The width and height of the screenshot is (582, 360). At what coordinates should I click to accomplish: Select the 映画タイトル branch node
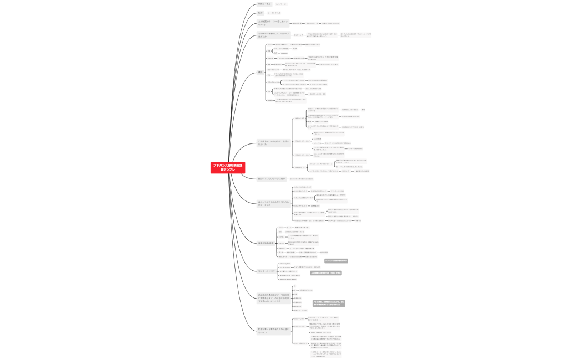[x=265, y=3]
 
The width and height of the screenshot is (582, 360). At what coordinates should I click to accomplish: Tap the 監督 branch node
[x=261, y=12]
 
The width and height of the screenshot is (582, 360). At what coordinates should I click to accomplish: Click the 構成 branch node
[x=261, y=73]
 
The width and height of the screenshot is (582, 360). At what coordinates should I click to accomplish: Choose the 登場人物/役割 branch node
[x=265, y=243]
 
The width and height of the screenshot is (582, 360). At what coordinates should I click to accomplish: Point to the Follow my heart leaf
[x=285, y=263]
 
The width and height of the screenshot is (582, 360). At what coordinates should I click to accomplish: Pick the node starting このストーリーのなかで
[x=271, y=142]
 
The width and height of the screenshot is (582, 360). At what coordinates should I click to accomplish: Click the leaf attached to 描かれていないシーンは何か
[x=302, y=179]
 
